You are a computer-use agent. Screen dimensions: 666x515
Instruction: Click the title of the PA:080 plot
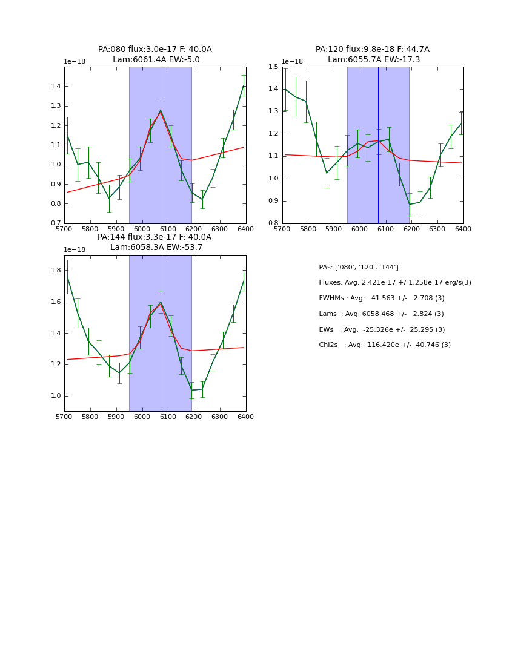coord(155,54)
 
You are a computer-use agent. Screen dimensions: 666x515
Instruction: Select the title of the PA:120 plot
coord(373,54)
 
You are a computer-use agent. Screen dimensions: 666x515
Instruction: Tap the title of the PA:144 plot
coord(155,242)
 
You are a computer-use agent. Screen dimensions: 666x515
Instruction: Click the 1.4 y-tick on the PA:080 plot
coord(55,87)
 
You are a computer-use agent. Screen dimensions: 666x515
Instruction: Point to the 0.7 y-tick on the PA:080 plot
coord(55,223)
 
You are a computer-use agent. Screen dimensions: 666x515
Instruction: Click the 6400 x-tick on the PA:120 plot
coord(463,229)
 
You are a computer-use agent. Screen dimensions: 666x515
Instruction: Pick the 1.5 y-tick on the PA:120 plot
coord(273,67)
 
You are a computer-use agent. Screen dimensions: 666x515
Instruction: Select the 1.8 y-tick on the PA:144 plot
coord(55,271)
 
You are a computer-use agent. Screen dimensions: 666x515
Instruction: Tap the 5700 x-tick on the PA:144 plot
coord(64,417)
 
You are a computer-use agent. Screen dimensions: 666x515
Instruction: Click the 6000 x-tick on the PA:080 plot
coord(142,229)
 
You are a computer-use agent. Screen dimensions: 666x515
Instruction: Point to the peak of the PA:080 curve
coord(161,110)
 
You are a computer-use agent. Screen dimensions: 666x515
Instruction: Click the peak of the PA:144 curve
coord(161,302)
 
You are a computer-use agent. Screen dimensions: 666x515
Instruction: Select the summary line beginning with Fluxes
coord(395,283)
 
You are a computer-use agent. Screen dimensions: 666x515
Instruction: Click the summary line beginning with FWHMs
coord(382,298)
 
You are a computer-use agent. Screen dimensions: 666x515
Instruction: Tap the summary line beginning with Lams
coord(382,314)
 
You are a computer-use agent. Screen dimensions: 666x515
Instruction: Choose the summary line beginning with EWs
coord(382,330)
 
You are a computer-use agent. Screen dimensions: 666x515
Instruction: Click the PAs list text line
coord(359,268)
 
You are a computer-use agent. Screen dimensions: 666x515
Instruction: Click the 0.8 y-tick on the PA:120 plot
coord(273,223)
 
